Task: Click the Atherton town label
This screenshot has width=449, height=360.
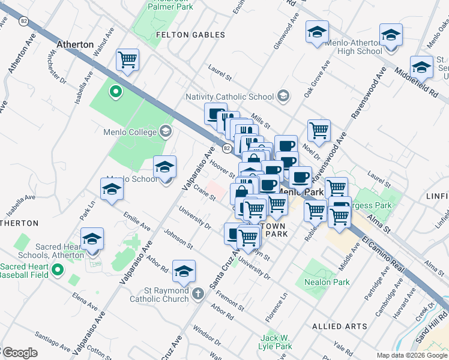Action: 75,44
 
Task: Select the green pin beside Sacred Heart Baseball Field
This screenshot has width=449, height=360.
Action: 57,270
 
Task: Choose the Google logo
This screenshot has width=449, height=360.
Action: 20,353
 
